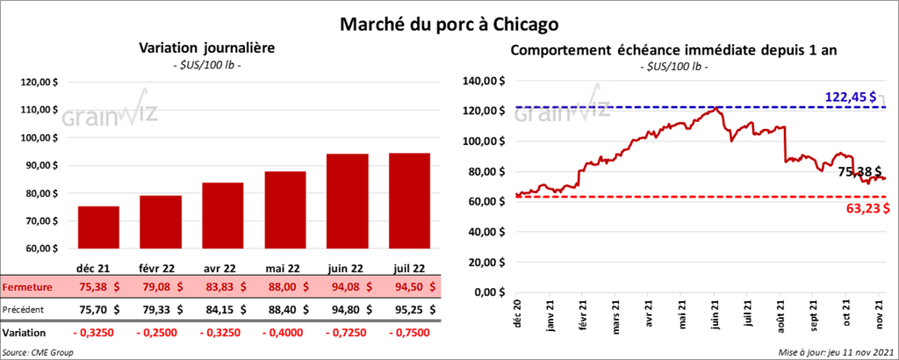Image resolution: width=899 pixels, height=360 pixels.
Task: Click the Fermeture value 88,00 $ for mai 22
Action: point(287,287)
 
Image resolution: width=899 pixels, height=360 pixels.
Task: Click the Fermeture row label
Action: point(26,287)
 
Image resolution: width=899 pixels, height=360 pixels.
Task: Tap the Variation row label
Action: point(25,333)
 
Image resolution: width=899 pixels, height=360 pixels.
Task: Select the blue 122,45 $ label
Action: point(850,96)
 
